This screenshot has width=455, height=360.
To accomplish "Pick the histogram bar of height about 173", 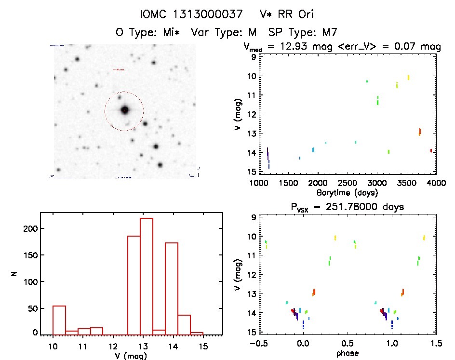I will [x=172, y=288].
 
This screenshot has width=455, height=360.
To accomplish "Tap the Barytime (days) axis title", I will [x=347, y=193].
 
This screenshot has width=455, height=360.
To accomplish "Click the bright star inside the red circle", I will [x=125, y=110].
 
